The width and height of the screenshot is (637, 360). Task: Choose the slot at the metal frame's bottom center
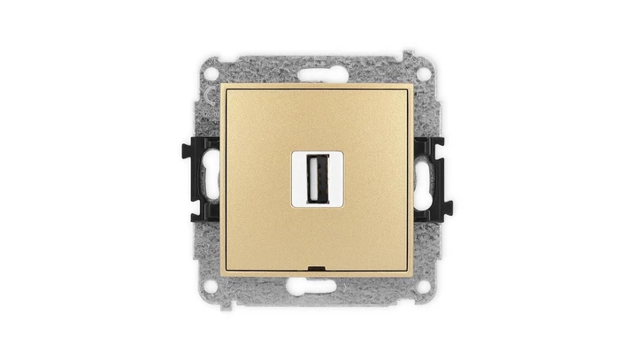click(316, 286)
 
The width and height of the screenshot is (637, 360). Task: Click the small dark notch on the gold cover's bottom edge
click(316, 265)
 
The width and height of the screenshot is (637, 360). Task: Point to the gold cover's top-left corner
click(222, 86)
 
